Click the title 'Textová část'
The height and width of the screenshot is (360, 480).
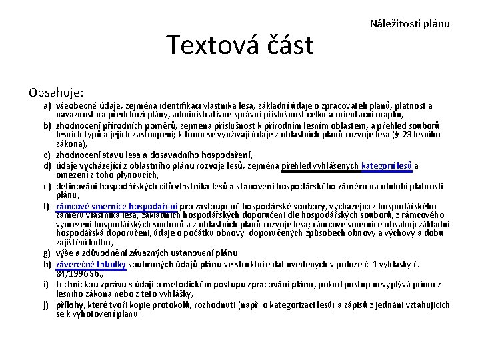click(239, 45)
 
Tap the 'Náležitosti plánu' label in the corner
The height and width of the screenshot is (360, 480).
click(409, 24)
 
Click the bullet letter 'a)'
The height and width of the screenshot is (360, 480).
click(49, 106)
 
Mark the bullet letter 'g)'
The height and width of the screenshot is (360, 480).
click(49, 254)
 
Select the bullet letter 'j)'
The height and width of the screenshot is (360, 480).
click(49, 305)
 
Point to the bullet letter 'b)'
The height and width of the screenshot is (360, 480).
click(49, 125)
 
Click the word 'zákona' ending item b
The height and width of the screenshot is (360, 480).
click(70, 143)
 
